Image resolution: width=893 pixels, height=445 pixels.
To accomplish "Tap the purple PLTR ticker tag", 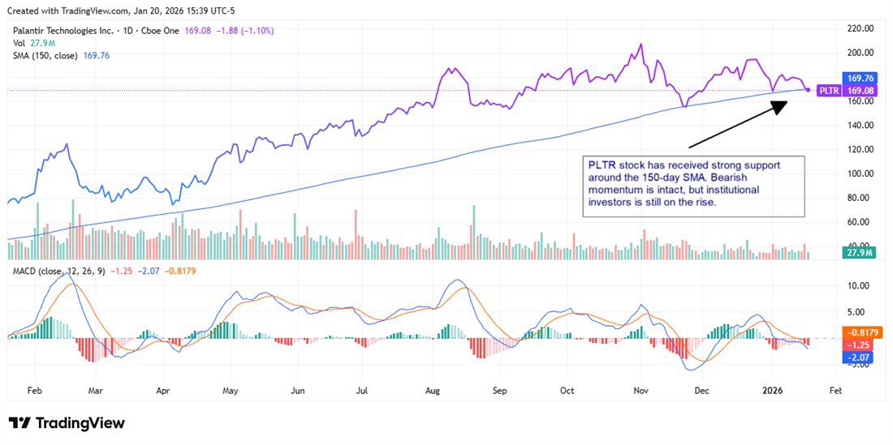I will [x=829, y=91].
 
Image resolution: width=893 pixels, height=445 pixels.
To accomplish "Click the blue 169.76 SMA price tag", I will [x=859, y=79].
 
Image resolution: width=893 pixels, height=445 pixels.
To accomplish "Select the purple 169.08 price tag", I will [x=859, y=91].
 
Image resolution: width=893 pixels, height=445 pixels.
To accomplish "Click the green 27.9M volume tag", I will [x=857, y=254].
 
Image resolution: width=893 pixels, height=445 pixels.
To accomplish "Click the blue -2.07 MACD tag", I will [x=859, y=357].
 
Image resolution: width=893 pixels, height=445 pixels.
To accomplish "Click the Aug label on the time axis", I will [x=432, y=390].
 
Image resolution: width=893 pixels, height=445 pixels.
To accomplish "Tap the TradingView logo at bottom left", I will [x=67, y=423].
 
